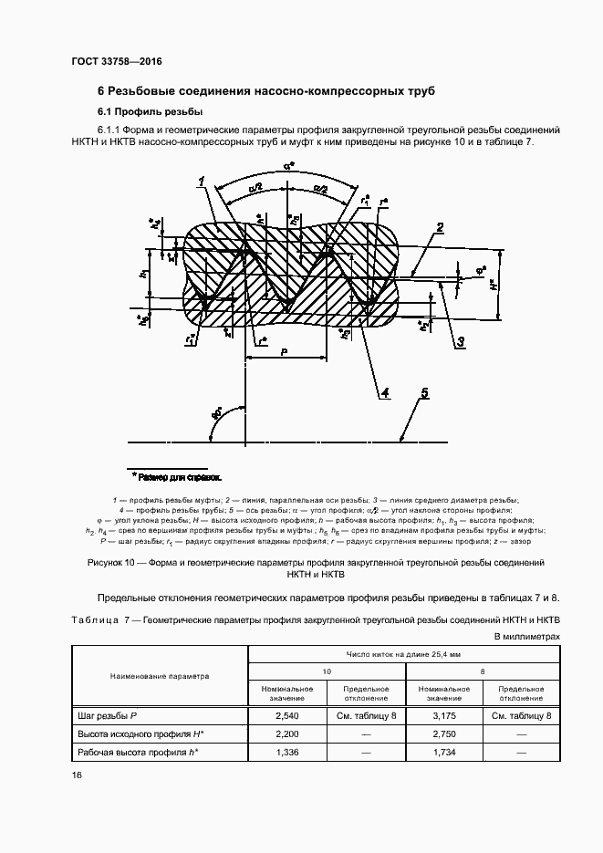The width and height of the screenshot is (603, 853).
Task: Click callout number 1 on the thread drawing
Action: tap(198, 182)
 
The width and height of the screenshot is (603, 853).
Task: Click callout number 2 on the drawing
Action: tap(439, 228)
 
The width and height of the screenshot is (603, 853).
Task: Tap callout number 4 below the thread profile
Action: tap(385, 393)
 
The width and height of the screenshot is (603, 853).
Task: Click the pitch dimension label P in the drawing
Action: tap(285, 349)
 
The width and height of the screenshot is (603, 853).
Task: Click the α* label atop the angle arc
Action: tap(287, 167)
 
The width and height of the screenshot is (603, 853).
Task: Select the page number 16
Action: tap(77, 775)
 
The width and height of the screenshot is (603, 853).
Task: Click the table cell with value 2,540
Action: tap(287, 716)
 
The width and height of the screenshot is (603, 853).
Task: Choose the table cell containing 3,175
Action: tap(445, 716)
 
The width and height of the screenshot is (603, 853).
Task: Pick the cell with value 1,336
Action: tap(287, 752)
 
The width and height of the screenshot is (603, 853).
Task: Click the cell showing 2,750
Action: tap(445, 733)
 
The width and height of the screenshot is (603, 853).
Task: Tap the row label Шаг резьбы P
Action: tap(105, 716)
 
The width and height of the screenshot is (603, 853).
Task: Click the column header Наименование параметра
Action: tap(160, 676)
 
